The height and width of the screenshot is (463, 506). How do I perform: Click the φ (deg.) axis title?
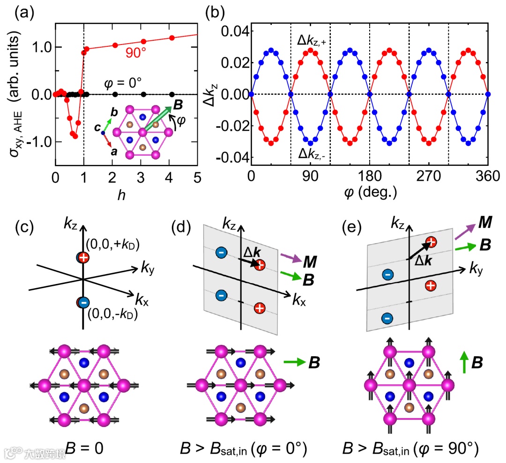tap(370, 193)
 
